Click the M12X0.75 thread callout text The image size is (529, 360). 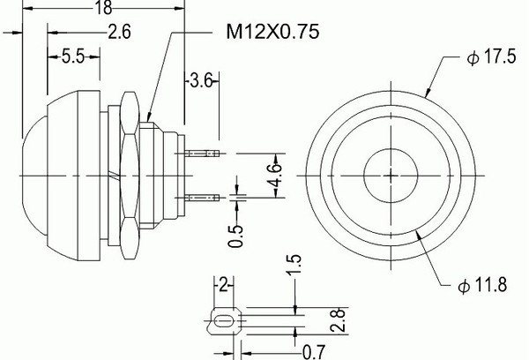[272, 32]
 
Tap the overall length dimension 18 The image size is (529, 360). [103, 7]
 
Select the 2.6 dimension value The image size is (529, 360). [119, 33]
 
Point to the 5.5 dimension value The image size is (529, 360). [73, 56]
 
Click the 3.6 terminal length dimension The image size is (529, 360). [201, 80]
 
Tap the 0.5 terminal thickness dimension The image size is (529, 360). [235, 236]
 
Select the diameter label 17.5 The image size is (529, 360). [492, 56]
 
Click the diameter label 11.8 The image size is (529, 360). [482, 285]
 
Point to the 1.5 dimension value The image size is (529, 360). [294, 265]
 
